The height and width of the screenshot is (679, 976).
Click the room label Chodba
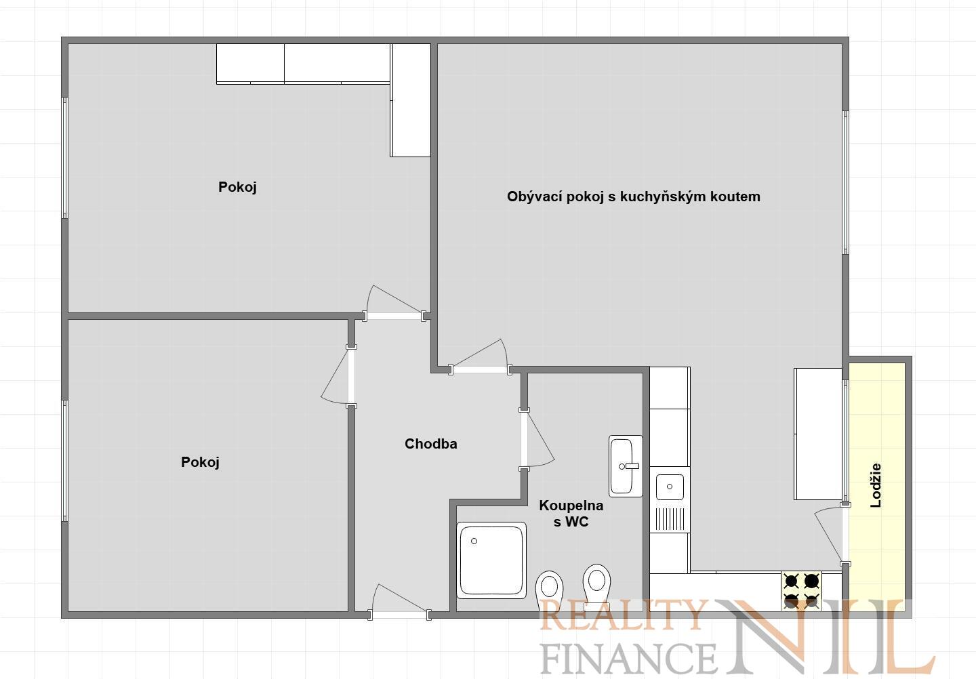[430, 444]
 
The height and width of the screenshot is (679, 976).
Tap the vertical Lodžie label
[876, 485]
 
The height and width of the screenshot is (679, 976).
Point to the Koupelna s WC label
[571, 513]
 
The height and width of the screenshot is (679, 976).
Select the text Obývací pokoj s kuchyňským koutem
[634, 197]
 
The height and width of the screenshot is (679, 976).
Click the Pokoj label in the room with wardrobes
[237, 187]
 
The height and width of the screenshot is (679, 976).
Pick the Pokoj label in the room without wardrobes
[200, 461]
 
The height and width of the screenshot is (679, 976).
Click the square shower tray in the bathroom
[491, 560]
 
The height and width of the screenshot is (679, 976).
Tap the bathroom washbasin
[625, 466]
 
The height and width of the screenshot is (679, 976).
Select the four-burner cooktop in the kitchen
[801, 591]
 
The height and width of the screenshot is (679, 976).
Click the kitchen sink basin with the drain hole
[670, 487]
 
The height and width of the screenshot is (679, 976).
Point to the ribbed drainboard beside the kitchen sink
[670, 518]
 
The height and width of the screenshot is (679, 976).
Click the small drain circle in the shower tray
[474, 541]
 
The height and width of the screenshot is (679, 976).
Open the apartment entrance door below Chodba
[399, 602]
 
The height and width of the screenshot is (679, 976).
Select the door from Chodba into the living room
[480, 357]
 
